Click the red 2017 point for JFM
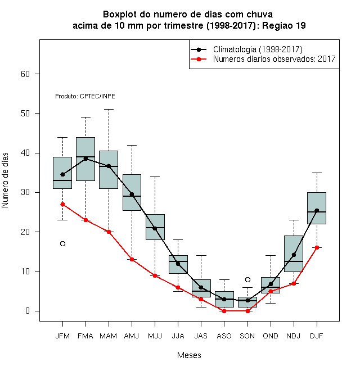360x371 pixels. click(x=62, y=204)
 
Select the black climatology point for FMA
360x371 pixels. click(x=85, y=159)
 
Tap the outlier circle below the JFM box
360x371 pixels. click(x=62, y=244)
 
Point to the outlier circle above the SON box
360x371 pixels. click(x=247, y=280)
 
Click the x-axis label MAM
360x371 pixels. click(x=108, y=336)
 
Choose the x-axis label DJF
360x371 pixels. click(x=317, y=336)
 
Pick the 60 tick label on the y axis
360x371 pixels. click(x=25, y=74)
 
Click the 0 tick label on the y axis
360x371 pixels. click(x=28, y=311)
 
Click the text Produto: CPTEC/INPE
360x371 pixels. click(x=85, y=96)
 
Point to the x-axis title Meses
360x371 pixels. click(x=189, y=355)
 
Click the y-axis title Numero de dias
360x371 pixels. click(x=5, y=180)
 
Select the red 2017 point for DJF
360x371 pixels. click(x=317, y=248)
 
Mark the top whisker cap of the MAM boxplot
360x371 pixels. click(x=109, y=109)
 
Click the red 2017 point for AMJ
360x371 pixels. click(x=132, y=260)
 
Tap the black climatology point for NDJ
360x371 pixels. click(x=294, y=255)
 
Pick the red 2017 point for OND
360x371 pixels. click(x=271, y=291)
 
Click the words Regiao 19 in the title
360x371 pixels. click(x=283, y=25)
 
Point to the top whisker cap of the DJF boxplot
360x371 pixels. click(x=317, y=173)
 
